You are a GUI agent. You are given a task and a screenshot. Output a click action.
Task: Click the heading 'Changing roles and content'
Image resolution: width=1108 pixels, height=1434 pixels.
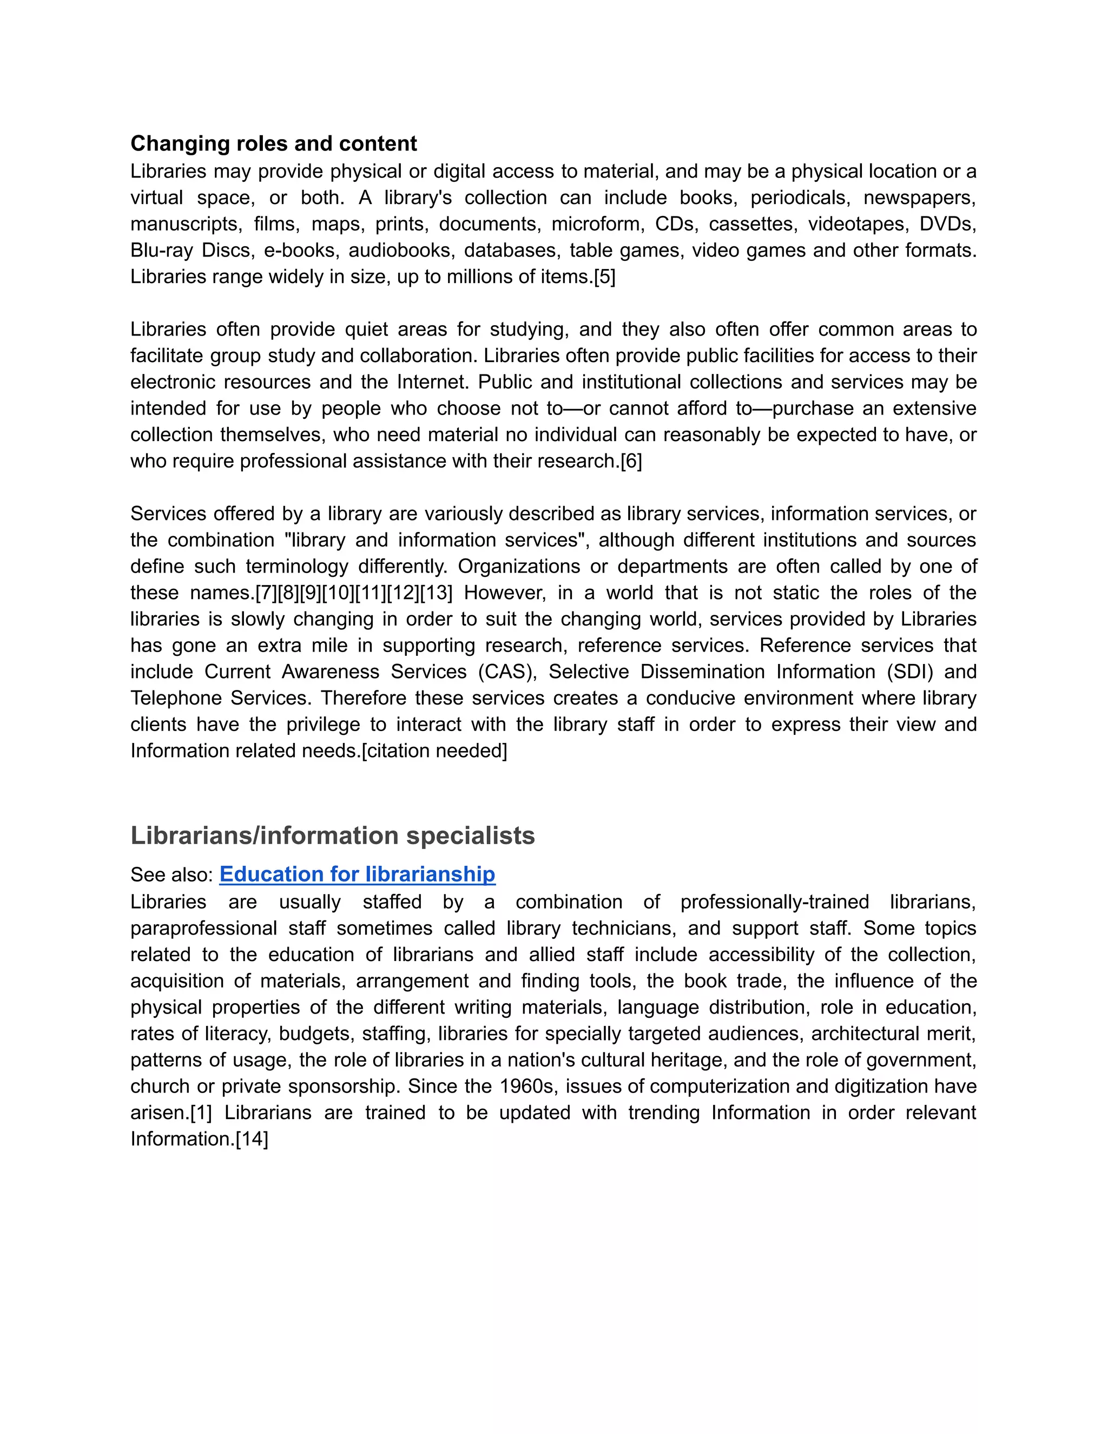[273, 143]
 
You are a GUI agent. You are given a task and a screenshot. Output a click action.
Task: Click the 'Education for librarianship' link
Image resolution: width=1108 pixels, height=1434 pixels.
[357, 874]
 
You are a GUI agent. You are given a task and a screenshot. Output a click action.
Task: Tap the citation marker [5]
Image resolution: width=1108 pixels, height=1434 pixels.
[604, 277]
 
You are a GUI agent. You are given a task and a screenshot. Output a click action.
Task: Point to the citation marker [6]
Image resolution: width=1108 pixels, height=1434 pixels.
[631, 461]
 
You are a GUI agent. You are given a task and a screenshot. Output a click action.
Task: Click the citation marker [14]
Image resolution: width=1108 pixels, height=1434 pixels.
[252, 1139]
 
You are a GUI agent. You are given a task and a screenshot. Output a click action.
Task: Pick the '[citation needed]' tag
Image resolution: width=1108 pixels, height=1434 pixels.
[434, 751]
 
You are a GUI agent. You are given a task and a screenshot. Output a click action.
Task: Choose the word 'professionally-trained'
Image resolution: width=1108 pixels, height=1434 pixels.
[775, 902]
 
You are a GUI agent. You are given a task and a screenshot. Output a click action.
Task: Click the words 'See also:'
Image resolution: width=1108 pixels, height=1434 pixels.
[172, 874]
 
